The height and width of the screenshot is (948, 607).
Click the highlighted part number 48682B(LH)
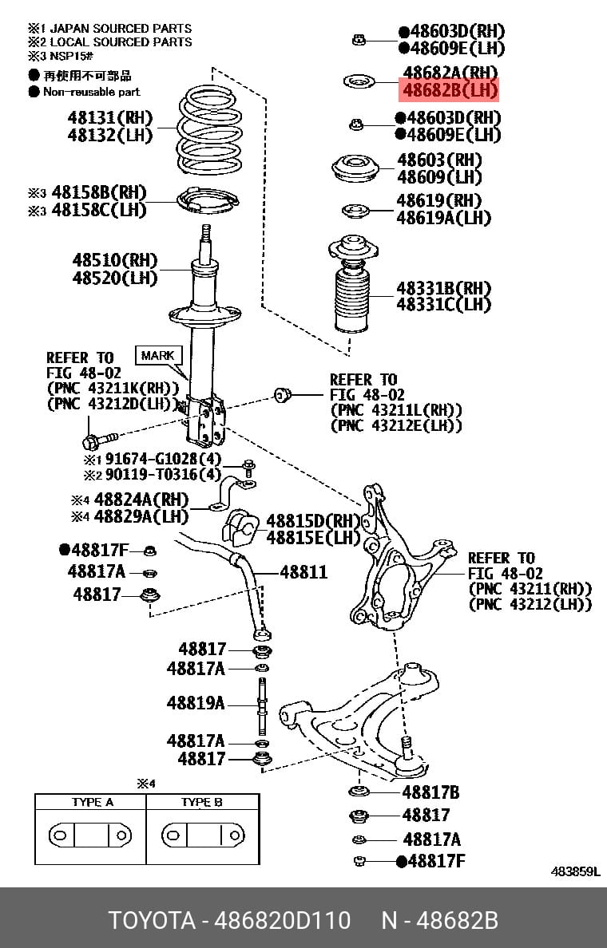tap(450, 91)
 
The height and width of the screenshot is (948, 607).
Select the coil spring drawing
tap(209, 129)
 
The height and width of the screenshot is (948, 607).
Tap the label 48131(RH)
tap(110, 117)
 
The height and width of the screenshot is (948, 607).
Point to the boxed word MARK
tap(157, 356)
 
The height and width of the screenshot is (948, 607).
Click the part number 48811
tap(303, 572)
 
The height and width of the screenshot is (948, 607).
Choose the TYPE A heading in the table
tap(92, 802)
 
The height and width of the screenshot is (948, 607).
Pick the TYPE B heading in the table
tap(201, 802)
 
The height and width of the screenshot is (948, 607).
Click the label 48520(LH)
tap(115, 278)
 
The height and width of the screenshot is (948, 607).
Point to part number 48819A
tap(196, 702)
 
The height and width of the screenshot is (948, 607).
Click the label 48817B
tap(431, 792)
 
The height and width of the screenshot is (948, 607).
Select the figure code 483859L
tap(575, 871)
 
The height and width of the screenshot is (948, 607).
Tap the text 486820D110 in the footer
tap(283, 920)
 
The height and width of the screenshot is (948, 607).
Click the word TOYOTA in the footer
tap(152, 920)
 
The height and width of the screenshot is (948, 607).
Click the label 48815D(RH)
tap(314, 521)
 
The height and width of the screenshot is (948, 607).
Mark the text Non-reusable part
tap(91, 92)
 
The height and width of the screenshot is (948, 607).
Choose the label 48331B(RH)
tap(443, 288)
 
